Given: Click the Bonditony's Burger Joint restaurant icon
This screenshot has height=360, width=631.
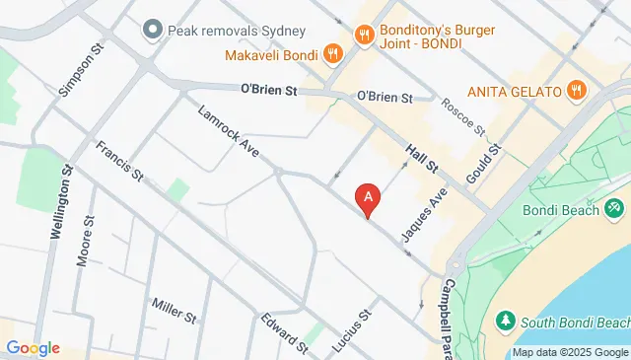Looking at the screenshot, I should [x=365, y=36].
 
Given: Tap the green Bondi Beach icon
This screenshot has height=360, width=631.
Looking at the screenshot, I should [x=615, y=207].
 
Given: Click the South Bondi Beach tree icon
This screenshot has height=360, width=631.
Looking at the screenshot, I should [x=505, y=321].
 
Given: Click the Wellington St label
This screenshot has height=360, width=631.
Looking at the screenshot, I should [x=60, y=202].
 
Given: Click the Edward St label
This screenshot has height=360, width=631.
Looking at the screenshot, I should [x=285, y=331].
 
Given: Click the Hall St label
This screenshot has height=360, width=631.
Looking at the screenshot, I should [x=423, y=155].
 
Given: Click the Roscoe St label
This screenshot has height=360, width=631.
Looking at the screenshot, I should [x=463, y=116].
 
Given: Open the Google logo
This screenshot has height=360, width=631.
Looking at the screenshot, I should [x=33, y=347].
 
